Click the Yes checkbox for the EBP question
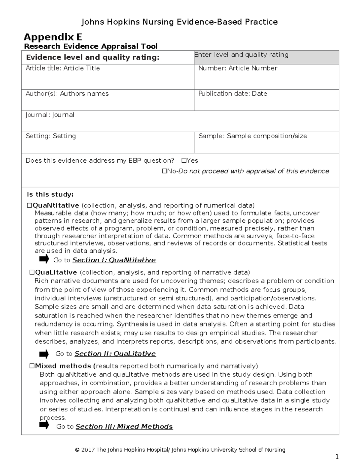184,161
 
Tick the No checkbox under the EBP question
164,171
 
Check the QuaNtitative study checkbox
29,206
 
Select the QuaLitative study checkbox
32,272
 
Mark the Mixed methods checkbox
32,366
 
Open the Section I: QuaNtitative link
114,260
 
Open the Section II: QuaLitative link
115,354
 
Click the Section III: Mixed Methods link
124,427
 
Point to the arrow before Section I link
44,259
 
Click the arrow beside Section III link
44,425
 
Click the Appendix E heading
53,37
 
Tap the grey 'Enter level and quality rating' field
266,57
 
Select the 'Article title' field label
44,68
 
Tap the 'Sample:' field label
211,136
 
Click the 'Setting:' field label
39,136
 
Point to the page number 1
337,457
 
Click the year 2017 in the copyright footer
88,450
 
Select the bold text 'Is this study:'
50,195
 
